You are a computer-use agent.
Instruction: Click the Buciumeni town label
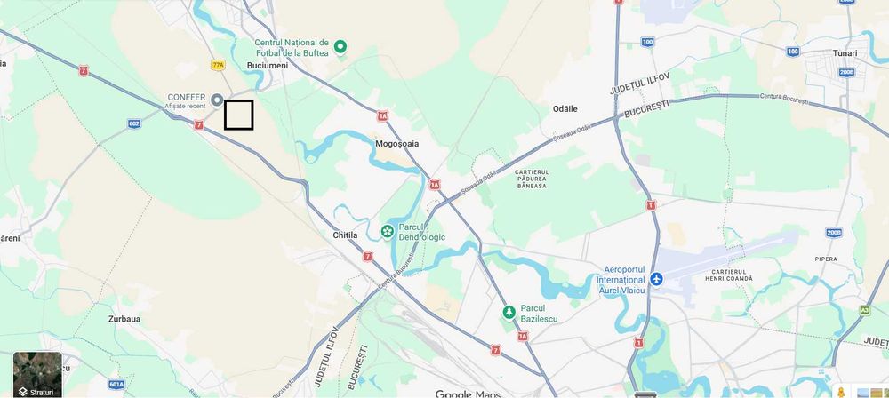[270, 68]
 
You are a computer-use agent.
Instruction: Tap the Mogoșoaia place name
[396, 142]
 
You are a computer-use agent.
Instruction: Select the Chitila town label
[345, 235]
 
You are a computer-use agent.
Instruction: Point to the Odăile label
[565, 108]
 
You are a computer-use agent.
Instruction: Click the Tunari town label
[845, 53]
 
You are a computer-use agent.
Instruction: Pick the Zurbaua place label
[124, 318]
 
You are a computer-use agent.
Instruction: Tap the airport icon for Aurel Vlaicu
[656, 279]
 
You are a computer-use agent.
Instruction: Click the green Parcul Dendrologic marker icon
[388, 231]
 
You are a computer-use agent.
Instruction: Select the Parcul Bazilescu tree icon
[509, 313]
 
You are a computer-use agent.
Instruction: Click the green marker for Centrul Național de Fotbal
[340, 46]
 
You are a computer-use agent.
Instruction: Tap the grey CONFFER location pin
[216, 98]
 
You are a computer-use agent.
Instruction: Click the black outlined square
[238, 115]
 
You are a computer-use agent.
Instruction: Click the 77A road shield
[219, 65]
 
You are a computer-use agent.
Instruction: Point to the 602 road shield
[134, 123]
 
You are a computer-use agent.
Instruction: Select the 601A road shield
[116, 384]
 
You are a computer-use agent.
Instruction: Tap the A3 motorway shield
[864, 310]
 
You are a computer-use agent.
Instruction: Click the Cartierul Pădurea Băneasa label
[531, 179]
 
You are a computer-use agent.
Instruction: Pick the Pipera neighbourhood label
[826, 259]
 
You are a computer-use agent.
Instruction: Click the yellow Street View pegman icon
[840, 392]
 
